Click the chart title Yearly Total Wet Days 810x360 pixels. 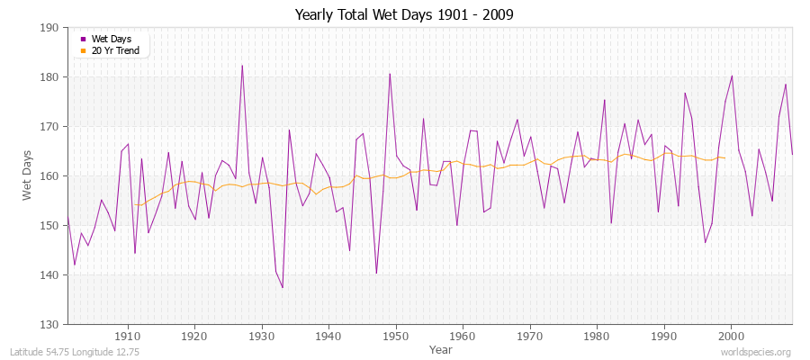click(404, 15)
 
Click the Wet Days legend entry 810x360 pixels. click(110, 39)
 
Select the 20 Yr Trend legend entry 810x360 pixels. click(114, 50)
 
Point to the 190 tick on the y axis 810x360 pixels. click(51, 28)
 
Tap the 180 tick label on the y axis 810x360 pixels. click(51, 77)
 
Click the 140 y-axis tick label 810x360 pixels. click(51, 275)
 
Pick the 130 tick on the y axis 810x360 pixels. click(51, 325)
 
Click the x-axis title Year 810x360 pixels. click(441, 349)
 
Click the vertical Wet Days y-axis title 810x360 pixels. click(26, 175)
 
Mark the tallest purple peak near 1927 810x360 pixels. click(242, 66)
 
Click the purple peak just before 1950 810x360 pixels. click(390, 74)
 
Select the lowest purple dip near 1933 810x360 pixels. click(283, 288)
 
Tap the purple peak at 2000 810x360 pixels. click(732, 76)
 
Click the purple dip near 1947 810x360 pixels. click(376, 274)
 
